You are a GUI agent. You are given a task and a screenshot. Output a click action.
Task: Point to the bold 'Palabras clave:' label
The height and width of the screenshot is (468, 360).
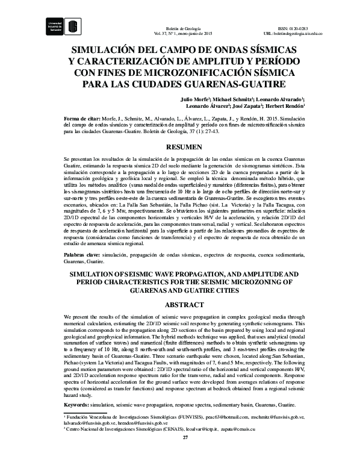(x=82, y=255)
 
